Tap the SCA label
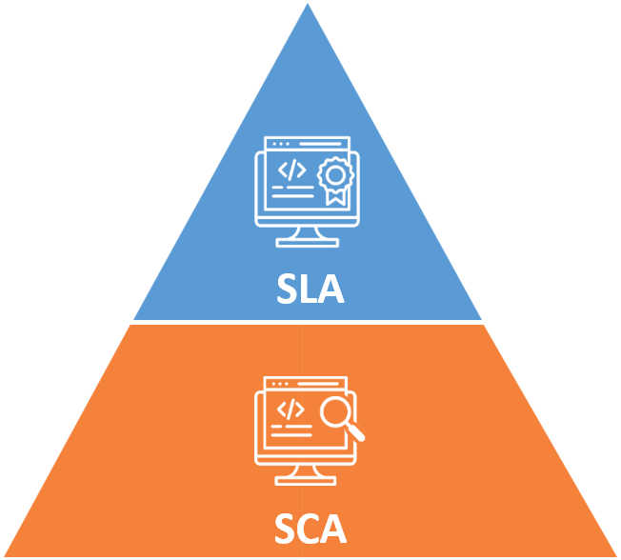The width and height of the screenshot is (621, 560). pos(310,527)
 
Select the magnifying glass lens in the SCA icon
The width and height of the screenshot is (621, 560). pos(334,411)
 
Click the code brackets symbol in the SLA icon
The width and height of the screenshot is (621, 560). pos(290,170)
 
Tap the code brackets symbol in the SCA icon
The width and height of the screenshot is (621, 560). pos(290,409)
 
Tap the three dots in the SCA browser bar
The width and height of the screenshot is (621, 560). pos(278,384)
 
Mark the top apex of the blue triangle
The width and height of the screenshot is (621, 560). pos(308,8)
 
